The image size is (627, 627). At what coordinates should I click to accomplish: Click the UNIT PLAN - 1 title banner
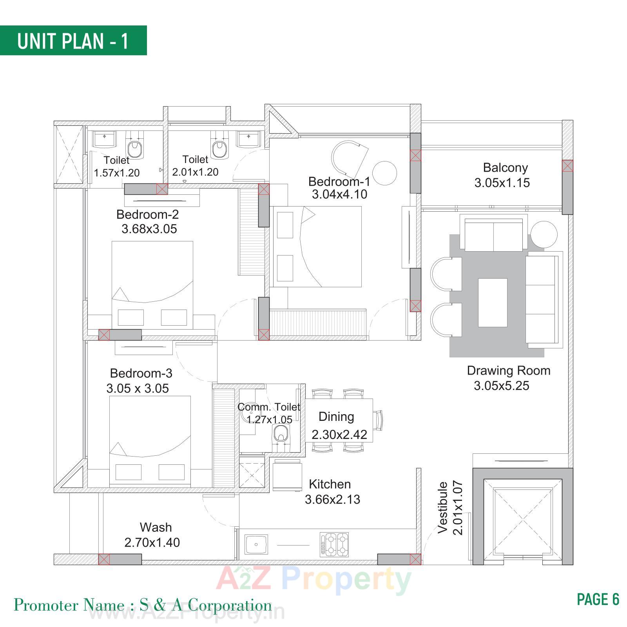(73, 40)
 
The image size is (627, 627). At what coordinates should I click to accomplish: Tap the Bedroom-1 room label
(339, 181)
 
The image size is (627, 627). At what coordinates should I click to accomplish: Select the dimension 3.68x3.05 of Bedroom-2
(149, 229)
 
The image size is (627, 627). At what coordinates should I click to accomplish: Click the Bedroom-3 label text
(141, 373)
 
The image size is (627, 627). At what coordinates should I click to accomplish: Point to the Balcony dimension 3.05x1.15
(502, 183)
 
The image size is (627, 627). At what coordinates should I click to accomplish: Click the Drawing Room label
(509, 371)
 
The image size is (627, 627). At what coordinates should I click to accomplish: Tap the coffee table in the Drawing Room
(493, 303)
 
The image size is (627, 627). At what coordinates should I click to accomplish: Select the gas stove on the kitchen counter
(334, 544)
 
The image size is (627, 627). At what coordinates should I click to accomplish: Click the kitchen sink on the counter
(256, 544)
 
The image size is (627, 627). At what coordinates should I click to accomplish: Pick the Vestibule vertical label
(443, 507)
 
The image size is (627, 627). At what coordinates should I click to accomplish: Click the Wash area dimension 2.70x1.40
(152, 542)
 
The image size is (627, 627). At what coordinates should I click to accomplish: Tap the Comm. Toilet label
(269, 407)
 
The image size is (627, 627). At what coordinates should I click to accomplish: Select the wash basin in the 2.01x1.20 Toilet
(248, 139)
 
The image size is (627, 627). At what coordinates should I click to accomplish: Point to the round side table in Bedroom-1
(384, 173)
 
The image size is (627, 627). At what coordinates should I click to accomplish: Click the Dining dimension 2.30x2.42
(339, 435)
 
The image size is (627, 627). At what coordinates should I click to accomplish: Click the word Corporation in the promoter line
(230, 605)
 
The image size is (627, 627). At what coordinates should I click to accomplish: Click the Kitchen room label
(330, 484)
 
